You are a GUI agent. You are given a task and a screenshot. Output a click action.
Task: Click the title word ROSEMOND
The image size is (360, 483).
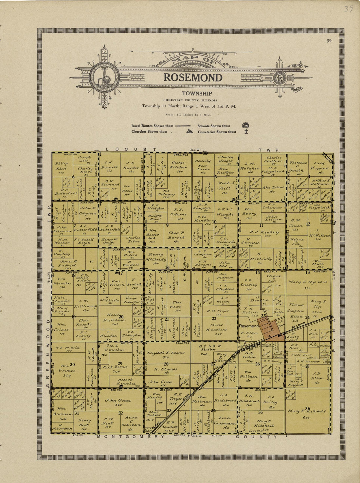[193, 78]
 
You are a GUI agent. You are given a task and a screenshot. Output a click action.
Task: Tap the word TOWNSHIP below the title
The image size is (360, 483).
[192, 94]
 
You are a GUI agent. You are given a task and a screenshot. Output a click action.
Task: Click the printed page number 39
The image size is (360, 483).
[329, 41]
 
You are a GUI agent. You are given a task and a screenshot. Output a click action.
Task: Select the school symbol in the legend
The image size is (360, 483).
[245, 125]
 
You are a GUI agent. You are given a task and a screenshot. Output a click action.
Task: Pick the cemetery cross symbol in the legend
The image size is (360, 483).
[246, 132]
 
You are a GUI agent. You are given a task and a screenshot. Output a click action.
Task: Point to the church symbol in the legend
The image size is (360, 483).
[189, 132]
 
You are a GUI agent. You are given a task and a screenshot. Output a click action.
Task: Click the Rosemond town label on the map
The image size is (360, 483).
[249, 326]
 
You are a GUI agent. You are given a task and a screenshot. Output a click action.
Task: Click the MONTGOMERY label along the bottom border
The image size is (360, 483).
[131, 437]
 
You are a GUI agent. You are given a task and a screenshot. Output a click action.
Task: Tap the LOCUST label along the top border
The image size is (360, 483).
[131, 150]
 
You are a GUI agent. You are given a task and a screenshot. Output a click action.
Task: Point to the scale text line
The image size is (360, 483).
[188, 115]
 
